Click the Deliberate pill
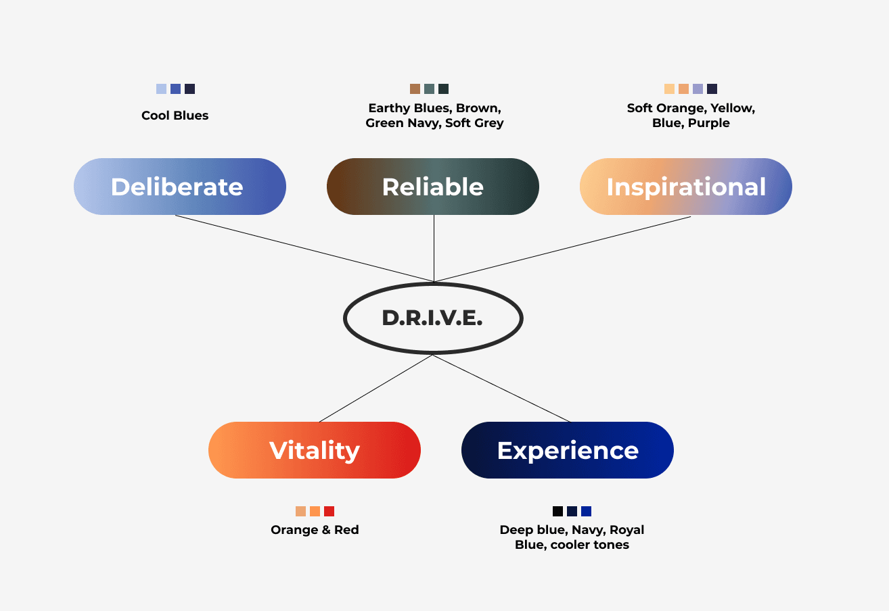[x=179, y=187]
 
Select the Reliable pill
[x=432, y=187]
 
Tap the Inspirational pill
[x=685, y=187]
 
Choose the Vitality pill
[x=314, y=450]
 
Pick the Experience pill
[x=567, y=450]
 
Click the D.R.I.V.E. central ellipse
[x=432, y=318]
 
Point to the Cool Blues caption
[x=175, y=116]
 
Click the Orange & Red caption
[x=315, y=530]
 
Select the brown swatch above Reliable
[x=415, y=89]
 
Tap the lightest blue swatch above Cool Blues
[x=161, y=89]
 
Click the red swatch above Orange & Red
[x=329, y=511]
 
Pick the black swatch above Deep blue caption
[x=557, y=511]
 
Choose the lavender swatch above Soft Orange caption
[x=698, y=89]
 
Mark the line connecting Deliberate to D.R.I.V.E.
[x=304, y=248]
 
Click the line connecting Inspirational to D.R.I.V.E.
[x=562, y=249]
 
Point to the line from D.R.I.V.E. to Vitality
[x=375, y=389]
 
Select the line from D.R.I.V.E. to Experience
[x=501, y=389]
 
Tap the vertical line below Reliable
[x=434, y=247]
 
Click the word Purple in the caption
[x=709, y=123]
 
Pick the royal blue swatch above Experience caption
[x=586, y=511]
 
